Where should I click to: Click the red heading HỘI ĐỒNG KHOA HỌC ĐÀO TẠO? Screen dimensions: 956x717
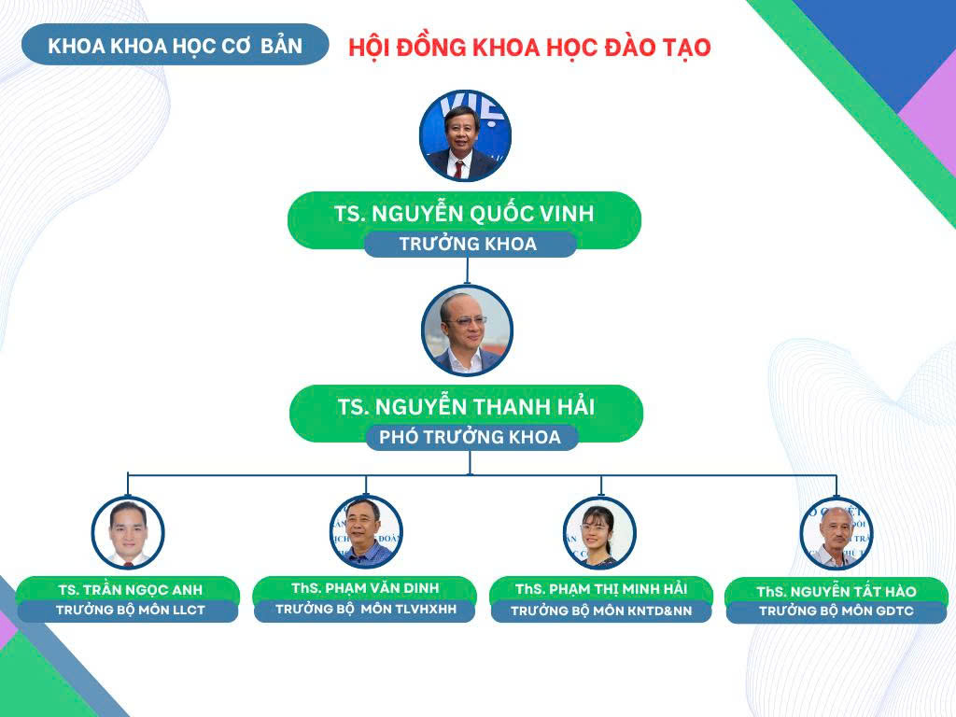(x=529, y=48)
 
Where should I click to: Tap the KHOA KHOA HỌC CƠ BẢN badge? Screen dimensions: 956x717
(x=175, y=45)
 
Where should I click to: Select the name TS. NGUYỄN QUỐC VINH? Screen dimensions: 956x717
(x=464, y=213)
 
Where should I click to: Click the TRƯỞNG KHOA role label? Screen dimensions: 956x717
(x=469, y=244)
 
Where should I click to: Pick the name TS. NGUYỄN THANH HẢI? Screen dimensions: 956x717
(x=467, y=407)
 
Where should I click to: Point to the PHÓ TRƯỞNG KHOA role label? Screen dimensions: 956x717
(x=471, y=437)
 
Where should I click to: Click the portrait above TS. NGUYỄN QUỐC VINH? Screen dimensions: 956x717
(x=465, y=136)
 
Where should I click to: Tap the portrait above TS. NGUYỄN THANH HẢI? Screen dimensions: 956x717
(x=467, y=330)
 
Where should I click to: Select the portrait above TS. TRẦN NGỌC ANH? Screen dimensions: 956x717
(x=128, y=533)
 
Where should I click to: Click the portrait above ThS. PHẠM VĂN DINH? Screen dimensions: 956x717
(x=366, y=532)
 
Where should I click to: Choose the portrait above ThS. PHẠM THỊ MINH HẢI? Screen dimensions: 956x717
(x=600, y=533)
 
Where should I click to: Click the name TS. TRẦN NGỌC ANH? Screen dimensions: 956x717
(x=131, y=590)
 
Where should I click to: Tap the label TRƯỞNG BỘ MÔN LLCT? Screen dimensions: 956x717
(x=131, y=610)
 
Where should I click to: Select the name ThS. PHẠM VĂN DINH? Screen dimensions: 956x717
(x=365, y=588)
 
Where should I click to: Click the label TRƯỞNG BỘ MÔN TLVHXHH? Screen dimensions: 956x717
(x=366, y=609)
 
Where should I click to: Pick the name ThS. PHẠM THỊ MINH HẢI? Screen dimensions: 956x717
(x=601, y=589)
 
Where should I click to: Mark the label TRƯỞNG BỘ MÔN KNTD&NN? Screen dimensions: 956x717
(x=601, y=611)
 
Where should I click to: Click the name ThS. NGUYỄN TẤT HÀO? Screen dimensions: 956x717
(x=836, y=591)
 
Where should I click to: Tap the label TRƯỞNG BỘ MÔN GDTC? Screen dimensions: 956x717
(x=836, y=611)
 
